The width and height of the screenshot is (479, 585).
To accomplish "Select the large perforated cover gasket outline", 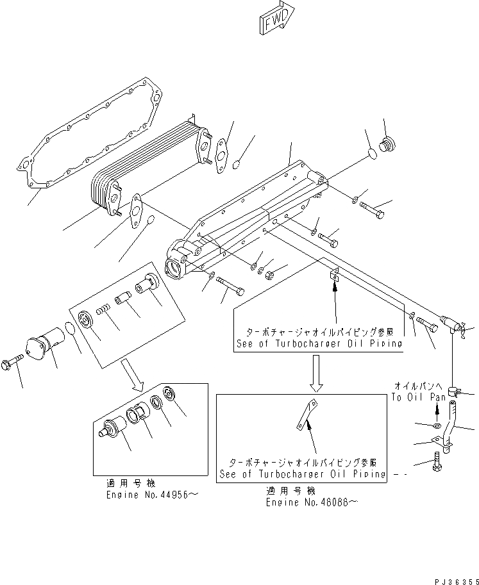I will [x=90, y=138].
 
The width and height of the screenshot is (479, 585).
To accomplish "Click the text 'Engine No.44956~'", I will [x=147, y=495].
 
